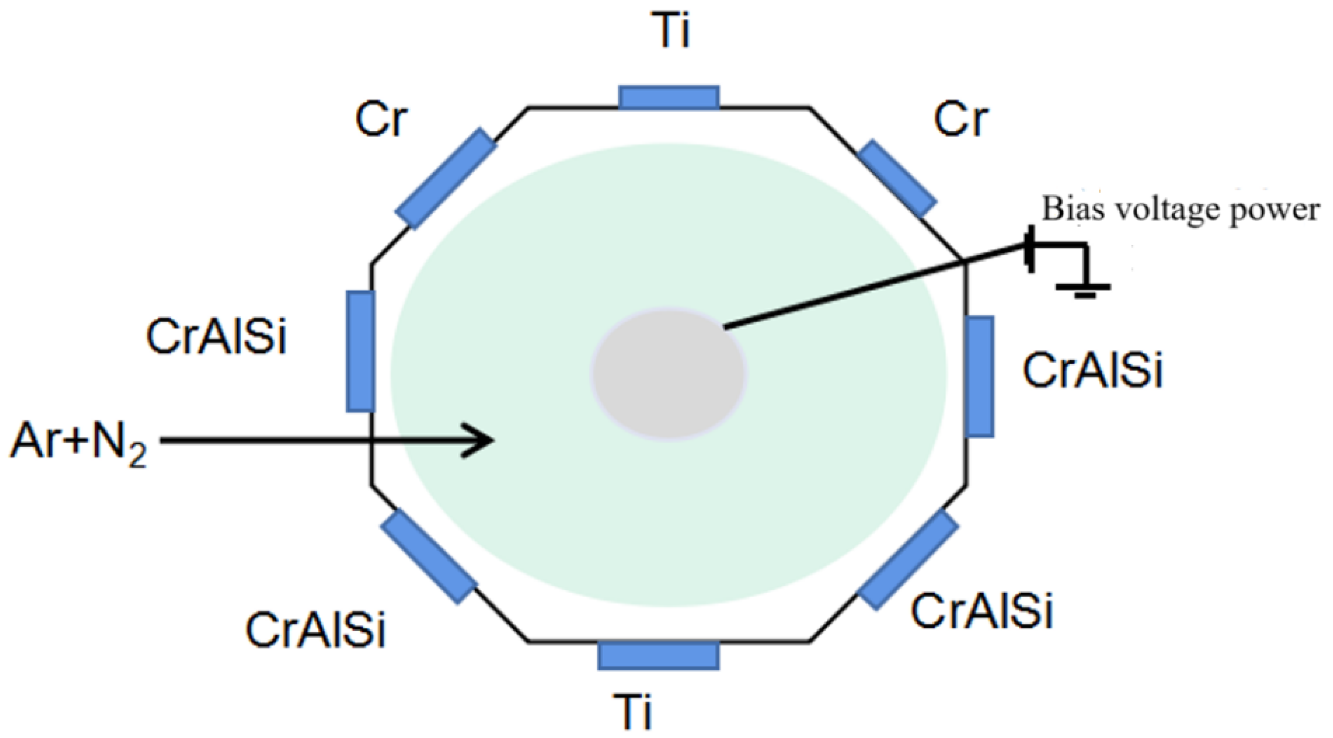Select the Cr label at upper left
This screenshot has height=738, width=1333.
381,120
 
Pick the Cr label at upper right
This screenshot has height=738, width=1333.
961,120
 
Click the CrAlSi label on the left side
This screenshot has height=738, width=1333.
216,337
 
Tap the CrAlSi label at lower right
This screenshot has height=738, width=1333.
982,612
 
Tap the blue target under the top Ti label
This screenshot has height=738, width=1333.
669,97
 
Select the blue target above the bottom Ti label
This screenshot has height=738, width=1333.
658,655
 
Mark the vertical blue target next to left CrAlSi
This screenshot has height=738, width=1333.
360,352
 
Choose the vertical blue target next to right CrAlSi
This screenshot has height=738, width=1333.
980,377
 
